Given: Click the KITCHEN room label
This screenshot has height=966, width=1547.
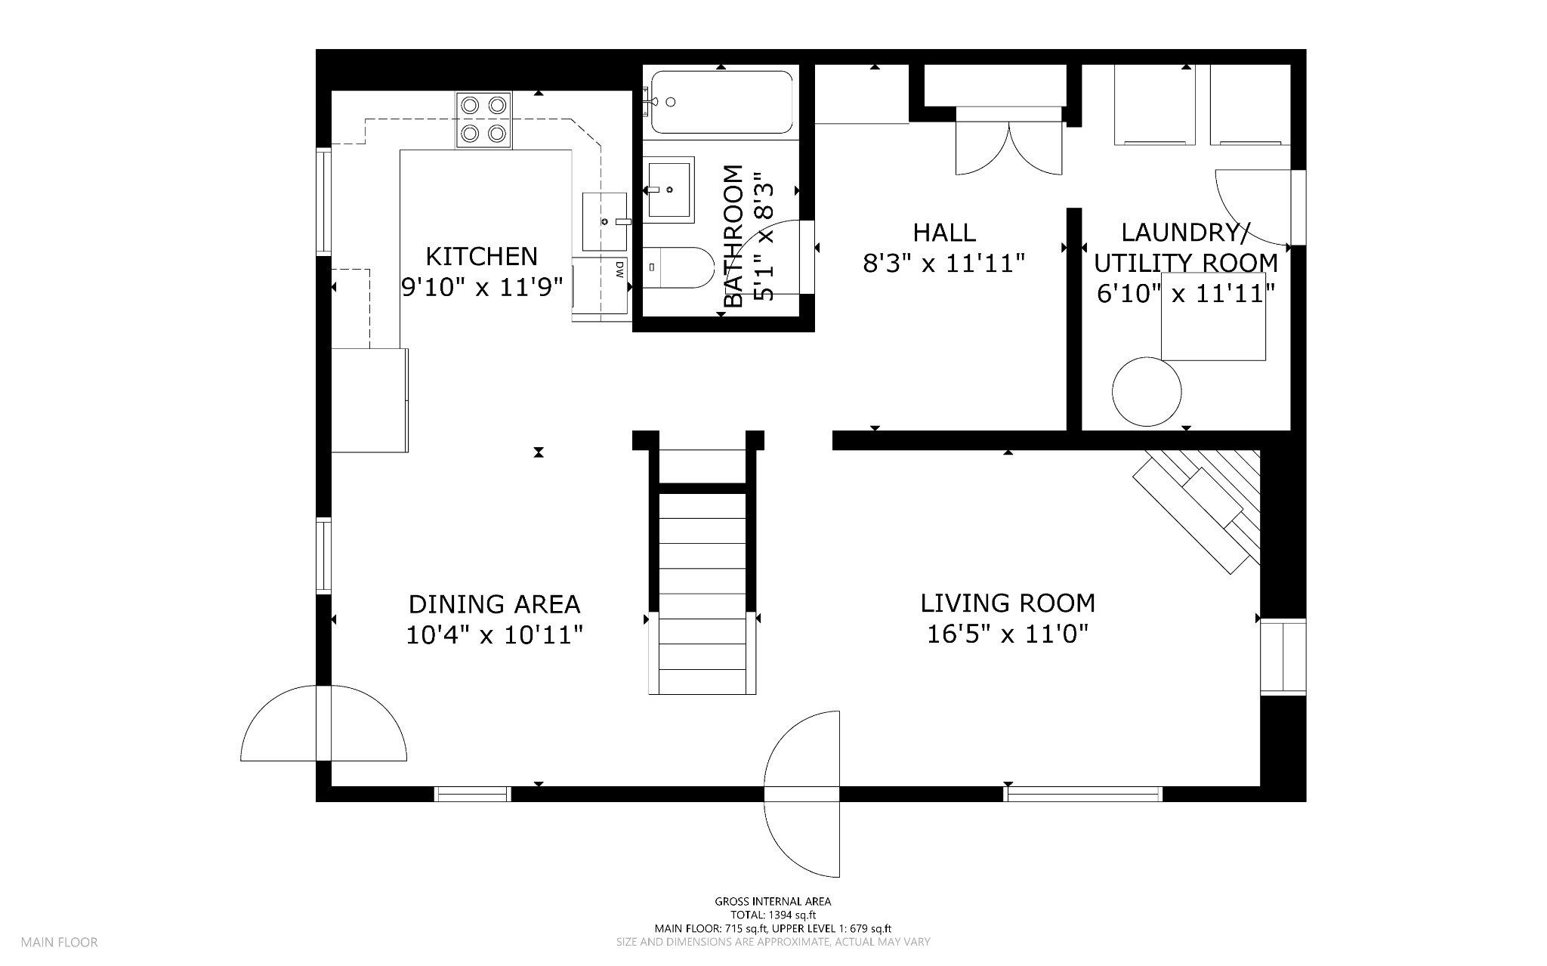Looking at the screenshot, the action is [x=482, y=257].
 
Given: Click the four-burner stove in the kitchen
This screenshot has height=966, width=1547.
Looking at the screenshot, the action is [x=483, y=120].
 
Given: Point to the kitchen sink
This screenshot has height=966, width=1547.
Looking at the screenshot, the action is [x=605, y=221].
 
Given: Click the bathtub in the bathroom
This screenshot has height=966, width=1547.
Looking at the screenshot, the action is [x=719, y=102].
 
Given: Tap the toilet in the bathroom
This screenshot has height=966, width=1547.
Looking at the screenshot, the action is [x=679, y=267].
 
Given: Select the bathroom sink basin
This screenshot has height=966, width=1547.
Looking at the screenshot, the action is [x=669, y=188].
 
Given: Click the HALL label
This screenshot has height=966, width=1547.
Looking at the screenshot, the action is [x=944, y=232].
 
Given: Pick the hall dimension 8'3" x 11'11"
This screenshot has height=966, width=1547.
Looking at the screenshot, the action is [x=944, y=264].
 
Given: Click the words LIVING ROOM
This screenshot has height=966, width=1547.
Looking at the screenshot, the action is [x=1008, y=603].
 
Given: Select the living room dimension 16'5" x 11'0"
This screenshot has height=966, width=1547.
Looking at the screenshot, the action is [x=1008, y=634].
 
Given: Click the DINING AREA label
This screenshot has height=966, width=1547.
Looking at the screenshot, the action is [x=495, y=604].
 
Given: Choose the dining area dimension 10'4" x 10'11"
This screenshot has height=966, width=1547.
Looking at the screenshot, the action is [x=495, y=635].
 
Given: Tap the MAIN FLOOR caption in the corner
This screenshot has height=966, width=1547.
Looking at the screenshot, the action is [x=59, y=943].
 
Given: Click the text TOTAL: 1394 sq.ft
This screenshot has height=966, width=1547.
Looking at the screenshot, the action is [x=773, y=915].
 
